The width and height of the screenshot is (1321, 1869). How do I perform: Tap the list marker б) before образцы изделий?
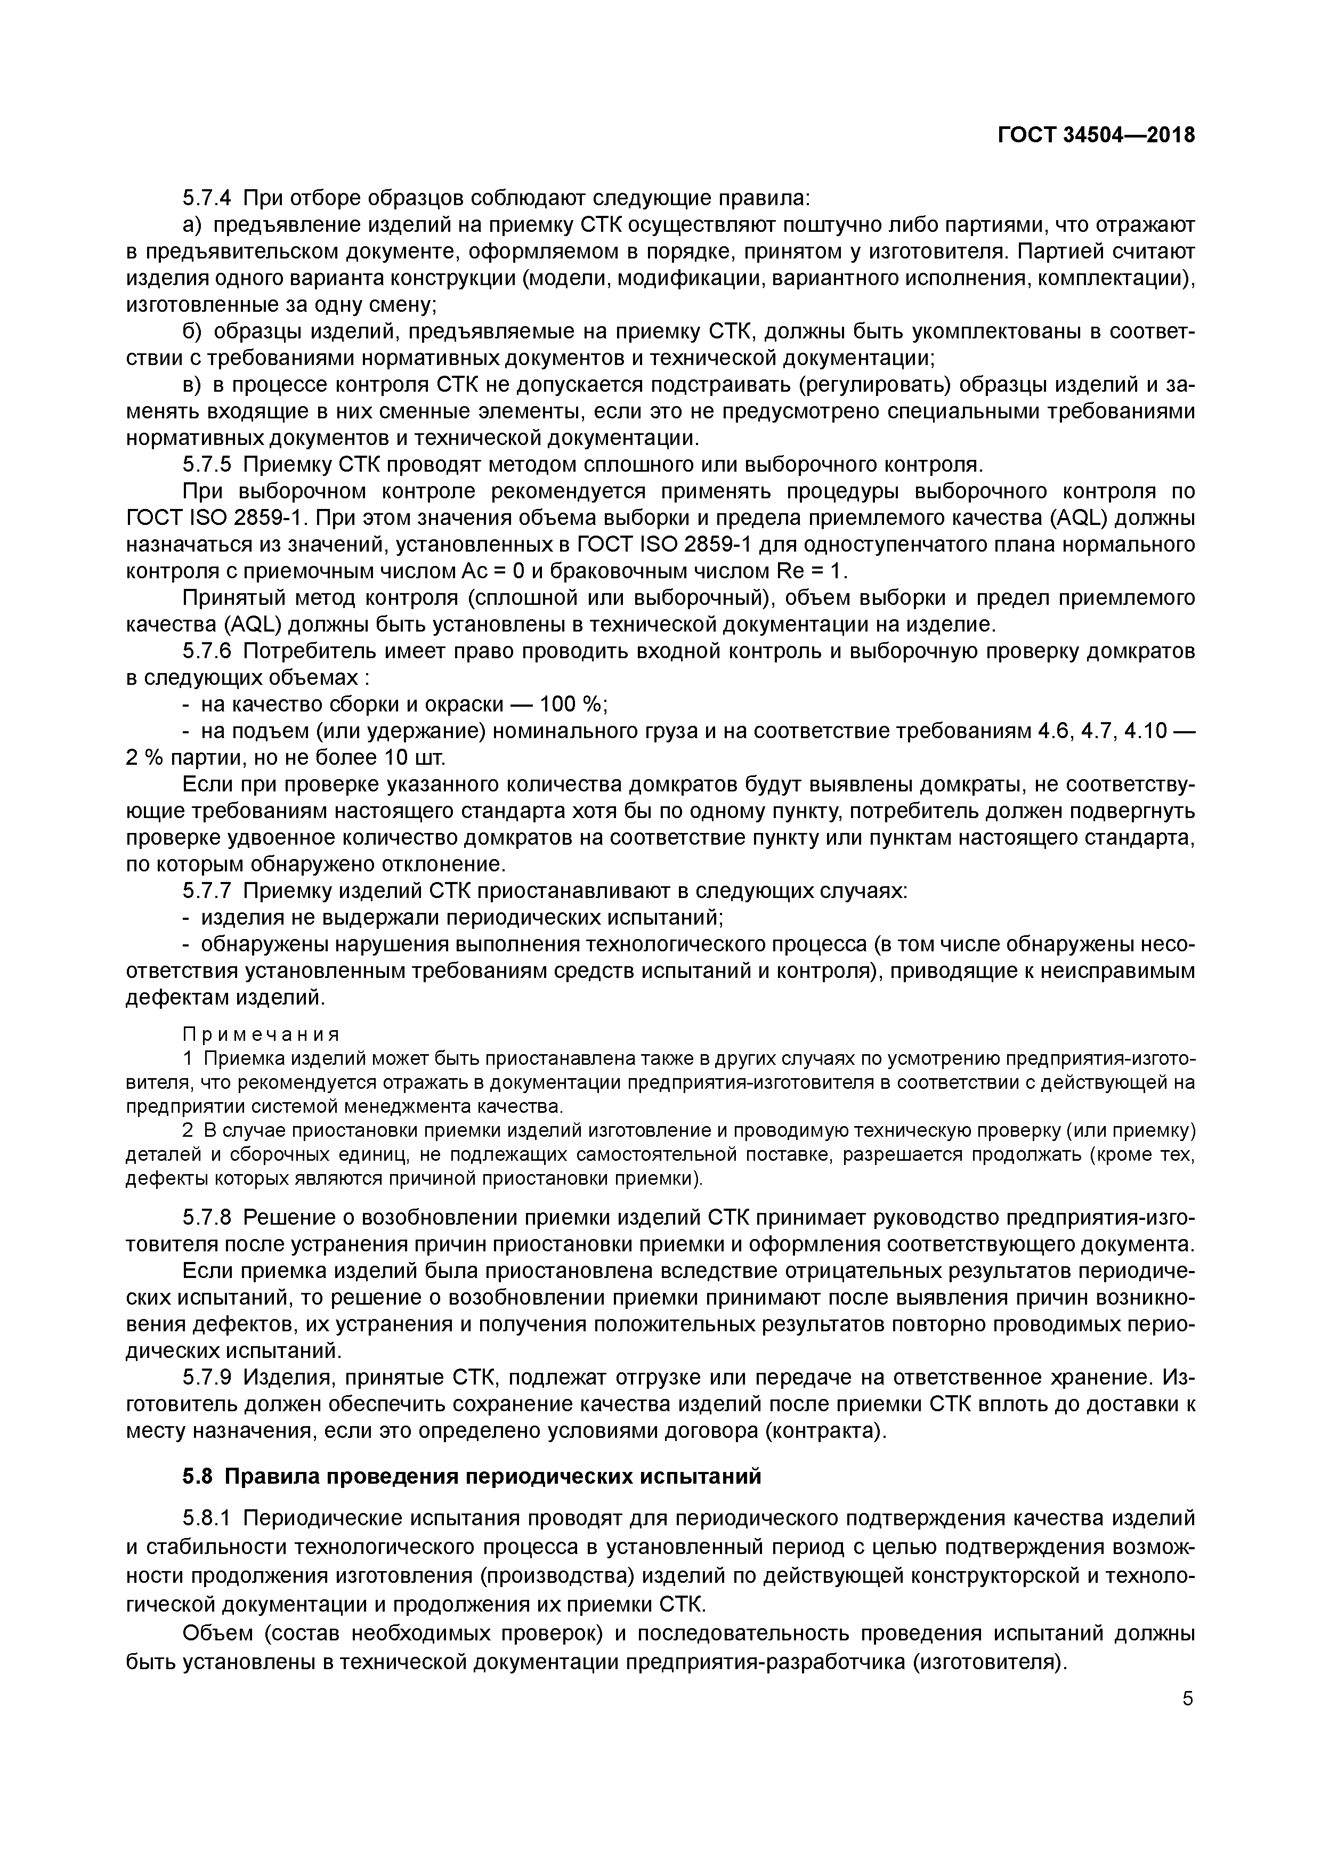click(191, 331)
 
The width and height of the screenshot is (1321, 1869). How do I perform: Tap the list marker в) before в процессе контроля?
click(191, 385)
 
